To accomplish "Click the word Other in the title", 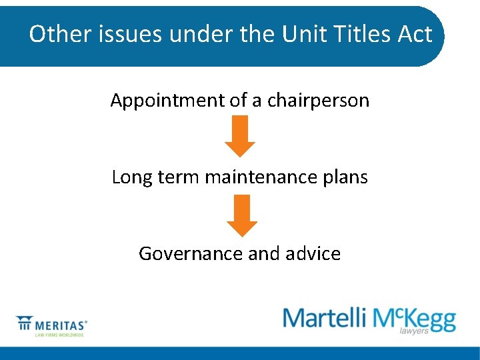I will click(x=55, y=33).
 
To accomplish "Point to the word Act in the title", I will click(x=415, y=33).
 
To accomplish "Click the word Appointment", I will click(x=167, y=101).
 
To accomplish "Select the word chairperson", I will click(x=318, y=101).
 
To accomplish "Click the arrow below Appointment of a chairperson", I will click(x=239, y=135).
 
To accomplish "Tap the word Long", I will click(x=127, y=177).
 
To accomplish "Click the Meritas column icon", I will click(x=25, y=323).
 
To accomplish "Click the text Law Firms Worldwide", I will click(x=59, y=335).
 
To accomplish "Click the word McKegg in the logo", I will click(x=415, y=319).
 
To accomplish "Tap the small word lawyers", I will click(x=414, y=331).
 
